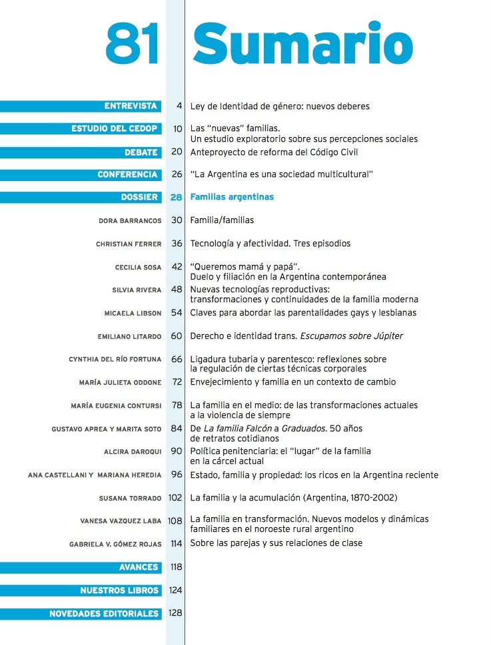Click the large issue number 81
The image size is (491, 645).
pyautogui.click(x=132, y=44)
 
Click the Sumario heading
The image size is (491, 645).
pyautogui.click(x=302, y=44)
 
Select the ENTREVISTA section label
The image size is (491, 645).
pyautogui.click(x=131, y=107)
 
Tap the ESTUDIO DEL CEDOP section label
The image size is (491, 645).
pyautogui.click(x=115, y=129)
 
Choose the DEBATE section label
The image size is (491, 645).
pyautogui.click(x=141, y=152)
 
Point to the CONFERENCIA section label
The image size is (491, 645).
pyautogui.click(x=127, y=175)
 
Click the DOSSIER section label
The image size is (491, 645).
pyautogui.click(x=139, y=198)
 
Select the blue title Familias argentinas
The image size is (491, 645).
pyautogui.click(x=232, y=198)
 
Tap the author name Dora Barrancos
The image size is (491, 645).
pyautogui.click(x=129, y=221)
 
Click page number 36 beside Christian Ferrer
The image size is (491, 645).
pyautogui.click(x=177, y=244)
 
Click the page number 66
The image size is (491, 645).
pyautogui.click(x=177, y=359)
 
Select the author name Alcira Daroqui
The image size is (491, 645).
pyautogui.click(x=133, y=452)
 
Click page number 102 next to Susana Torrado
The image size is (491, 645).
pyautogui.click(x=175, y=497)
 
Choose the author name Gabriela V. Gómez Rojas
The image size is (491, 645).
pyautogui.click(x=115, y=544)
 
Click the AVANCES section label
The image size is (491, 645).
pyautogui.click(x=139, y=568)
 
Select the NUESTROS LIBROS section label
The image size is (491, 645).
pyautogui.click(x=119, y=590)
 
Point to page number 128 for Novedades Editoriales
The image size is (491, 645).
pyautogui.click(x=175, y=613)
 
